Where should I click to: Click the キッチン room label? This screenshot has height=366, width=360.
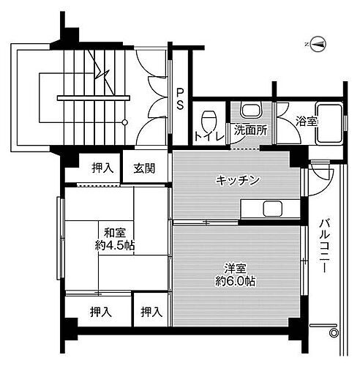pyautogui.click(x=238, y=181)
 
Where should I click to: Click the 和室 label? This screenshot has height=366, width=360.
pyautogui.click(x=111, y=232)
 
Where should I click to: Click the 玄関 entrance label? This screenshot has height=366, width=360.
pyautogui.click(x=144, y=168)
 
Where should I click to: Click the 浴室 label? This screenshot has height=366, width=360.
pyautogui.click(x=306, y=122)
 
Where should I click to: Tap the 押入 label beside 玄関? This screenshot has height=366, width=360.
pyautogui.click(x=101, y=168)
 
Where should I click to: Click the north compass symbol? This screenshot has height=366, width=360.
pyautogui.click(x=316, y=44)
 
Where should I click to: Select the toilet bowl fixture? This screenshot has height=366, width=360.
pyautogui.click(x=210, y=118)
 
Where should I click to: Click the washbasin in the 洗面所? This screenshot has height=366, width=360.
pyautogui.click(x=251, y=111)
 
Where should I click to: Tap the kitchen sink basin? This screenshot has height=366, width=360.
pyautogui.click(x=273, y=209)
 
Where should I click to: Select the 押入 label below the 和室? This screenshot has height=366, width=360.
pyautogui.click(x=101, y=313)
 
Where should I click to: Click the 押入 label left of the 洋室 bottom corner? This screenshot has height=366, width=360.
pyautogui.click(x=151, y=313)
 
